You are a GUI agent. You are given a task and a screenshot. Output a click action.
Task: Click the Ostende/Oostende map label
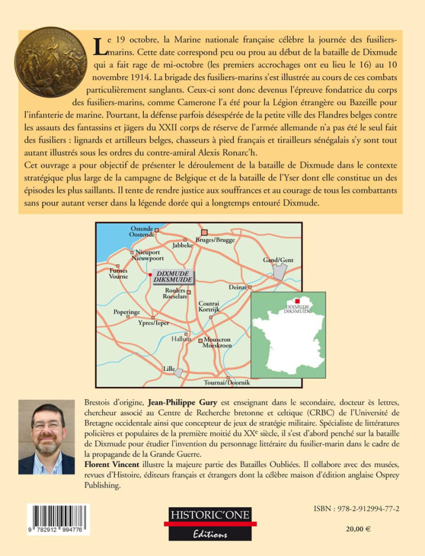(x=142, y=231)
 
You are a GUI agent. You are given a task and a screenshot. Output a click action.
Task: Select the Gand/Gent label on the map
(x=278, y=260)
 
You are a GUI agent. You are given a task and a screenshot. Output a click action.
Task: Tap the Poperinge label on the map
(x=126, y=312)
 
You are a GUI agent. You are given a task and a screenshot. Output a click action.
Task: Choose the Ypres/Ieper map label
(x=154, y=323)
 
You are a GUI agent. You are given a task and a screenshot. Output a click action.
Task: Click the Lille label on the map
(x=169, y=368)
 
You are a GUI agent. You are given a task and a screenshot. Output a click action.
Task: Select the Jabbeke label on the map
(x=182, y=245)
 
